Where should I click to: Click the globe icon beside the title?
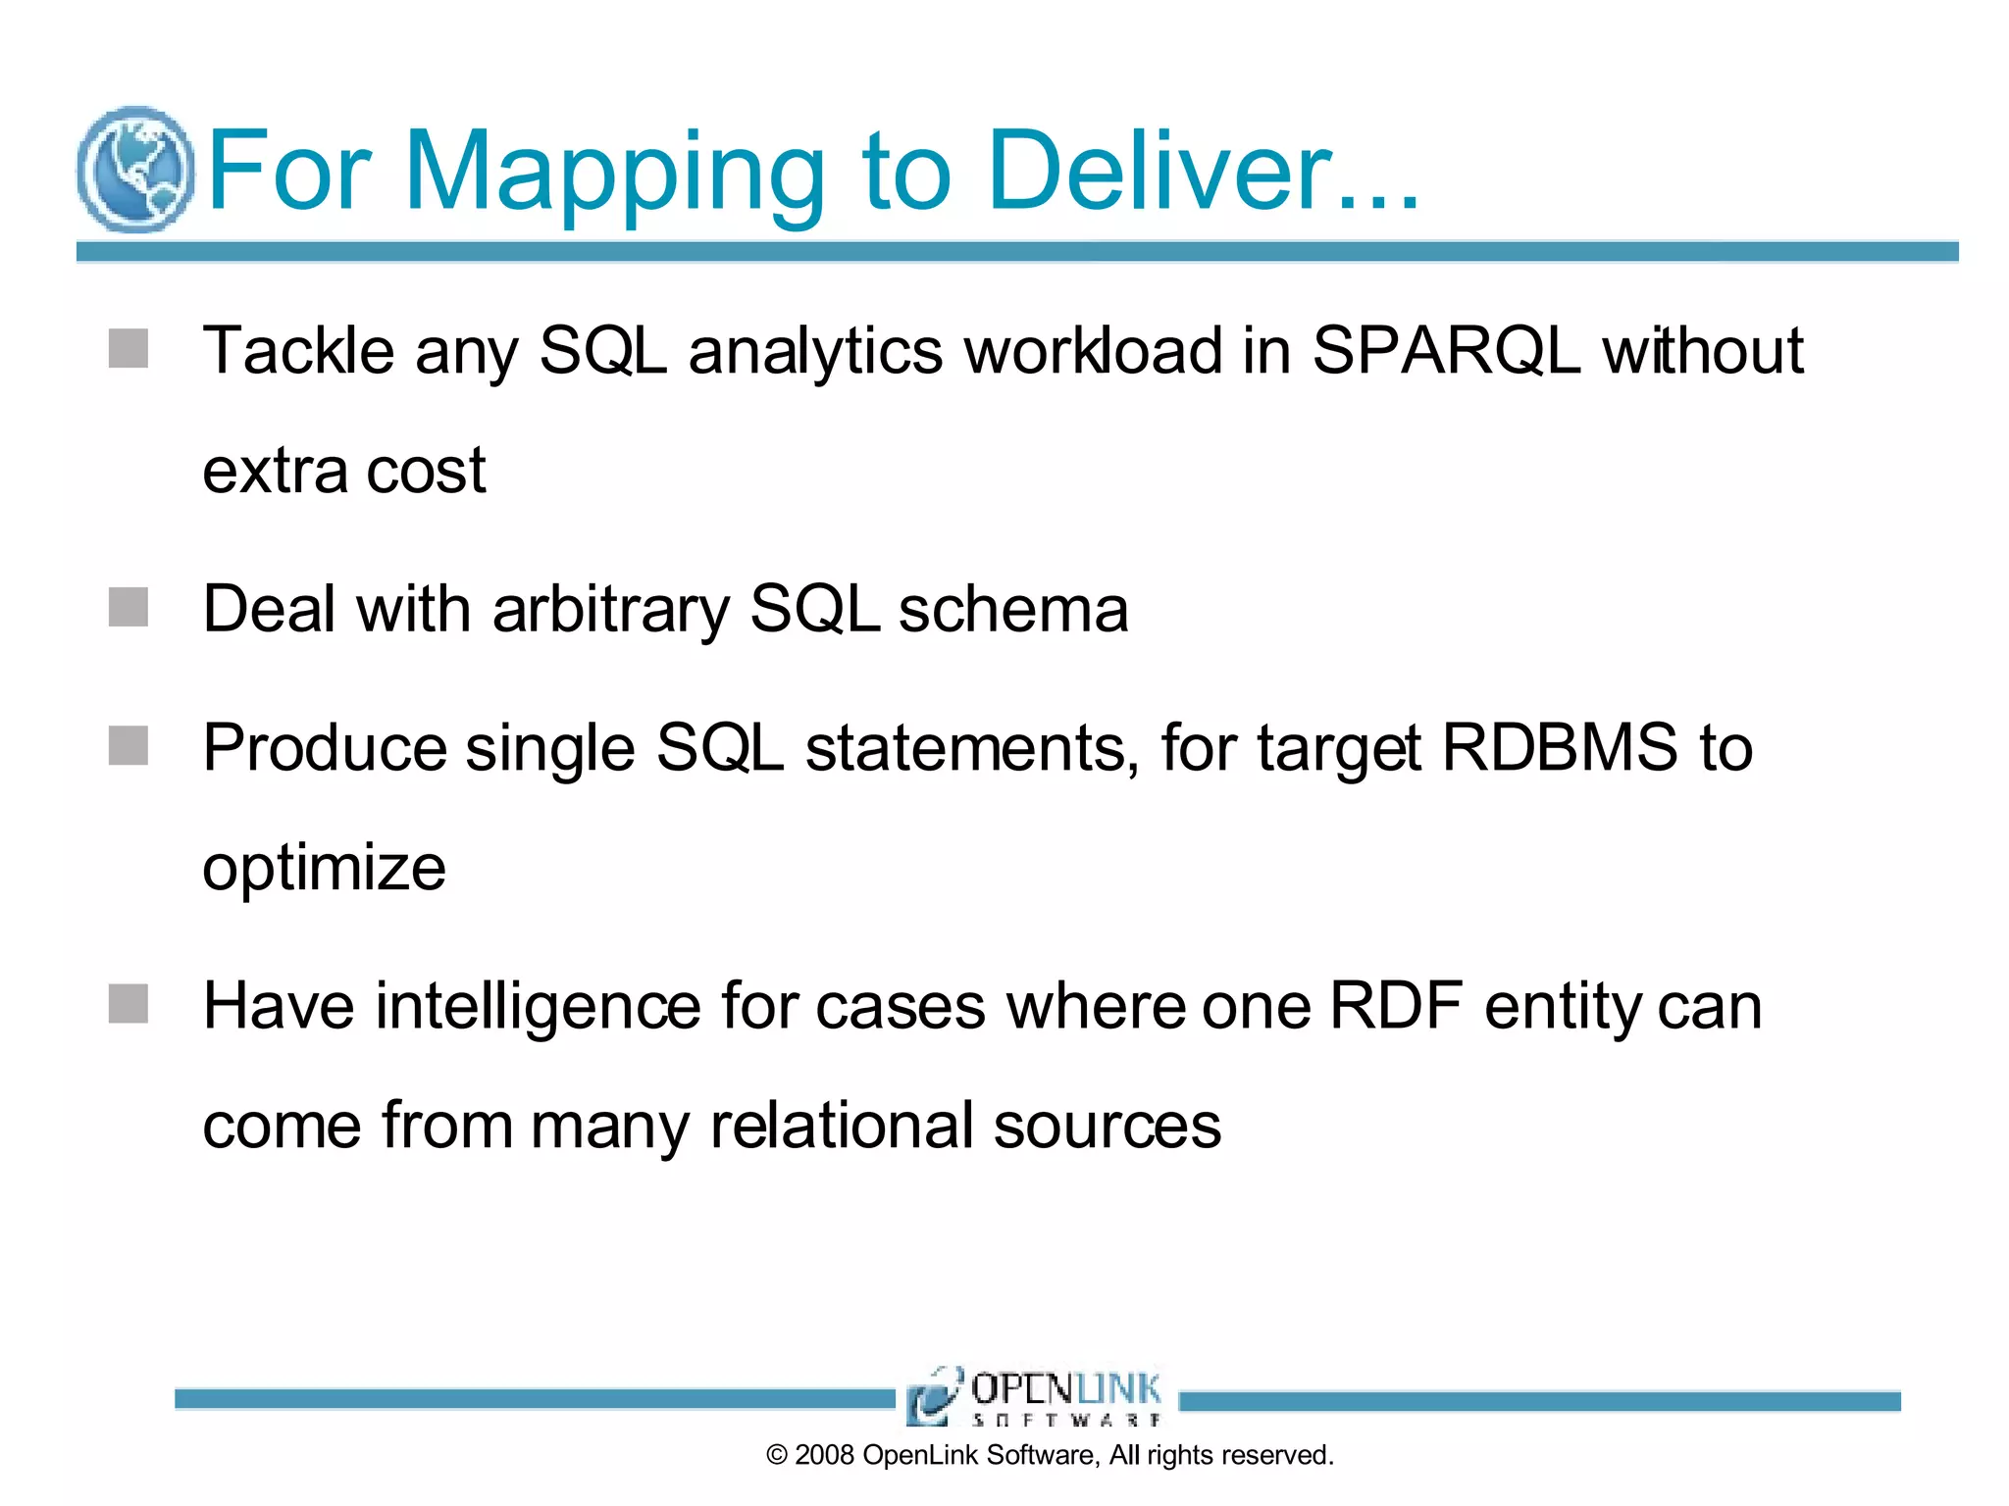click(135, 169)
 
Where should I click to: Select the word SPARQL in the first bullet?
click(1446, 350)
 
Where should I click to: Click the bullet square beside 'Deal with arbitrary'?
click(129, 607)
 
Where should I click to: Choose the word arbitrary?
click(610, 610)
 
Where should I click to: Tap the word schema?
click(1013, 610)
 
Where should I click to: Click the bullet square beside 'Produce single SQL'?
click(129, 746)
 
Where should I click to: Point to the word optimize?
click(324, 869)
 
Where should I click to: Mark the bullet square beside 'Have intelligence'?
click(129, 1004)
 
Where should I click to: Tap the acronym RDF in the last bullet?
click(1395, 1006)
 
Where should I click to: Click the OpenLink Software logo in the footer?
click(1036, 1396)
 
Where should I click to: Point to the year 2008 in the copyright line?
click(824, 1455)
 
